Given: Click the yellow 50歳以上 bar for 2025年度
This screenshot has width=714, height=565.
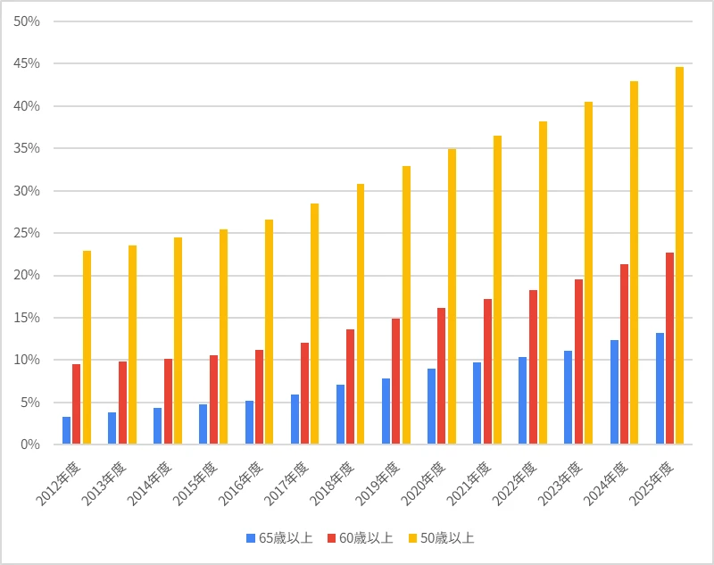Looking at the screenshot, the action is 679,255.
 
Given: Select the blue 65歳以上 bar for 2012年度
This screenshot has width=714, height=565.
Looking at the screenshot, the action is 66,430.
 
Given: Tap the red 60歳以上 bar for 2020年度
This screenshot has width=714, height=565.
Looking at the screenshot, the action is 441,376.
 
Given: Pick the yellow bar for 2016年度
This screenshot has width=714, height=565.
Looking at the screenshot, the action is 270,332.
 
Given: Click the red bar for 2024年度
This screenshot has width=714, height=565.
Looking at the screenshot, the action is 624,354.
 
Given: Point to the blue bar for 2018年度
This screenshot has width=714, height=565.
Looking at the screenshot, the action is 341,414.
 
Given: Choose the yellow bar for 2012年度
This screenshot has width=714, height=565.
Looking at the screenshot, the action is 87,347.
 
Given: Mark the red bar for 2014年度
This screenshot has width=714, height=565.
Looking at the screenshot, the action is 169,402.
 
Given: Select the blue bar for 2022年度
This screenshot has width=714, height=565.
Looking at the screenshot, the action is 523,401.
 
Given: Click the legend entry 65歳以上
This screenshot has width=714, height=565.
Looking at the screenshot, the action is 279,538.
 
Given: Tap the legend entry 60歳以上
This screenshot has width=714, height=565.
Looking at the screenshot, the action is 360,538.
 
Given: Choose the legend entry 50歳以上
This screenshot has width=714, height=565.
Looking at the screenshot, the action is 441,538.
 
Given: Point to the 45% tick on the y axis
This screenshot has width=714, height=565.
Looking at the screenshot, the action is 27,63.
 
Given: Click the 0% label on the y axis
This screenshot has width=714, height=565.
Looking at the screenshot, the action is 30,445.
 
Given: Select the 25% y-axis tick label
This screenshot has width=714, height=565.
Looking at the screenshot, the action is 27,233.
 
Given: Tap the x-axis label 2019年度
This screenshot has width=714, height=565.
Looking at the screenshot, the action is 378,484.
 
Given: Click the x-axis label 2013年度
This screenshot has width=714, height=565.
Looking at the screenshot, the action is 104,484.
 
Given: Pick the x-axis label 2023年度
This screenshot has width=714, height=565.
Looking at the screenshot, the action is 560,484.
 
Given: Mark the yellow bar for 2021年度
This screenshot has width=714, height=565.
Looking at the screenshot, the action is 498,290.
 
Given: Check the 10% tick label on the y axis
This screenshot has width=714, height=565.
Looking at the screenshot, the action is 27,360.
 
